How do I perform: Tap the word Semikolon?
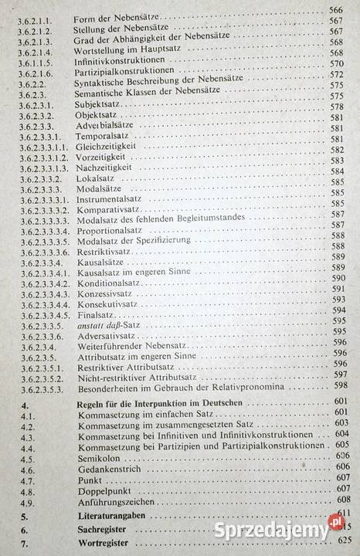point(97,456)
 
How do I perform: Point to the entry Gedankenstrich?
point(104,467)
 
